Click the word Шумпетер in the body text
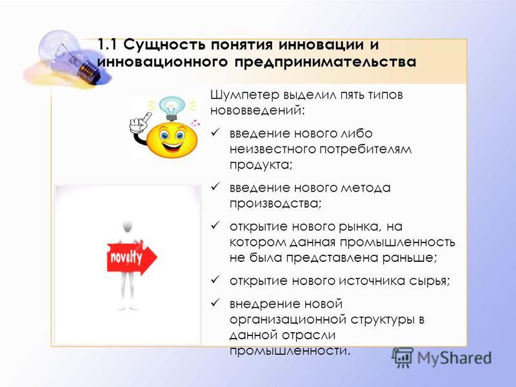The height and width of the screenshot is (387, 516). [x=244, y=95]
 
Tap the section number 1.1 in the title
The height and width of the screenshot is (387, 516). [x=107, y=45]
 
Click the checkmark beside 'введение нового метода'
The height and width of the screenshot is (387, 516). [x=215, y=187]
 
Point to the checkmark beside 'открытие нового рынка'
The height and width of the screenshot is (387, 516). [x=215, y=225]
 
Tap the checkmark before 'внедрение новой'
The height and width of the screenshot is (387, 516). [x=215, y=303]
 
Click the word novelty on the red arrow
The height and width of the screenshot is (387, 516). [x=126, y=257]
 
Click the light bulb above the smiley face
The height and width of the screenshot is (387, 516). [x=172, y=108]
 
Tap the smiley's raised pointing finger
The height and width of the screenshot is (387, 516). [x=146, y=117]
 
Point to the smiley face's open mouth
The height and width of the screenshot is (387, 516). [x=172, y=146]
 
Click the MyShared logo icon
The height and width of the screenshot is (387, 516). [x=402, y=357]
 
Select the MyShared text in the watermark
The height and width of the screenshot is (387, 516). [x=455, y=358]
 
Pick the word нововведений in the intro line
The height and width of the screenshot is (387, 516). [x=257, y=110]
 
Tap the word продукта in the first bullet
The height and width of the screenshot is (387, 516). [x=261, y=164]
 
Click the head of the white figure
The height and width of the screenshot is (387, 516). [x=127, y=226]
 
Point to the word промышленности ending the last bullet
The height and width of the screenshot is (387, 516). [x=288, y=351]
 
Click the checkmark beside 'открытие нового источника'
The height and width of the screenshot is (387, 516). [x=215, y=280]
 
